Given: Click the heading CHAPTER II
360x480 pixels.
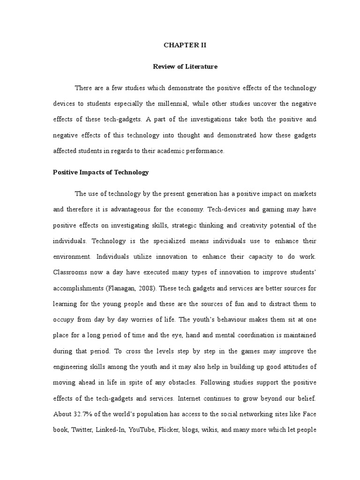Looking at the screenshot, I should coord(185,45).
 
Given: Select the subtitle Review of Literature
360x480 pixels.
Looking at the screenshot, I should coord(185,67).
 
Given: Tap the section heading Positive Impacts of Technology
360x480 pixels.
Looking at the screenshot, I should coord(101,172).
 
